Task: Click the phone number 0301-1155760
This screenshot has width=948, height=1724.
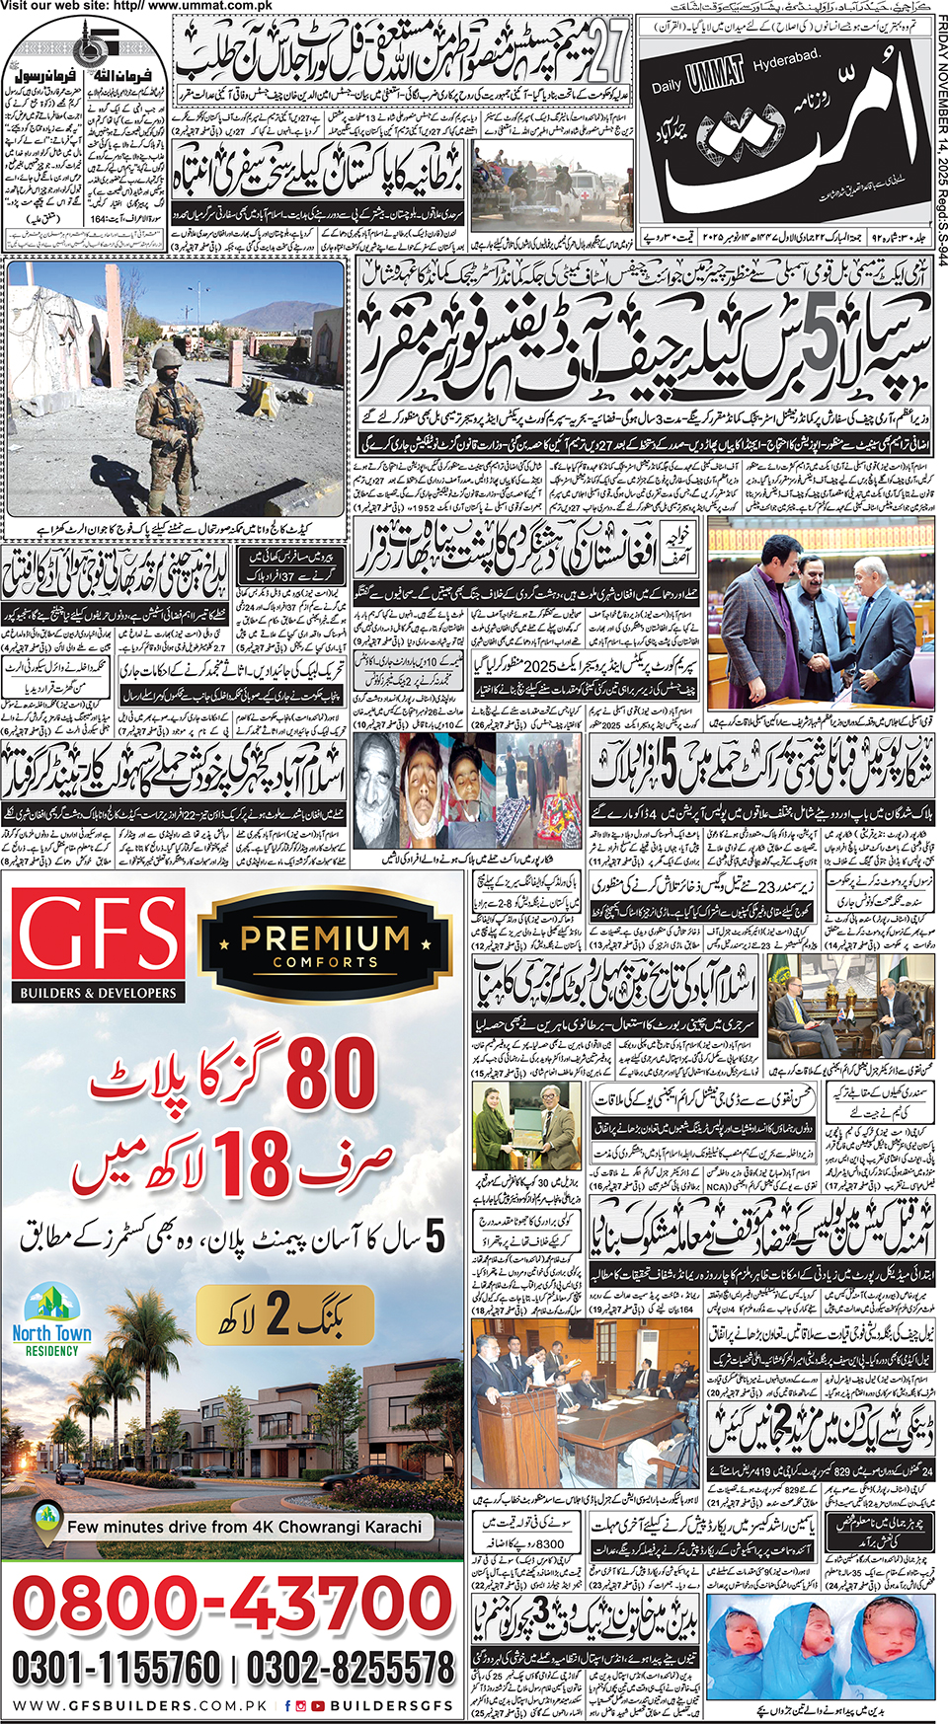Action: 117,1668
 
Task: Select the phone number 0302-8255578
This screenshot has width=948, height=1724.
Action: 350,1668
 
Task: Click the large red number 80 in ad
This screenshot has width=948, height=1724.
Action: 331,1073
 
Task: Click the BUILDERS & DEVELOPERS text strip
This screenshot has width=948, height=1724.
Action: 97,993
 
